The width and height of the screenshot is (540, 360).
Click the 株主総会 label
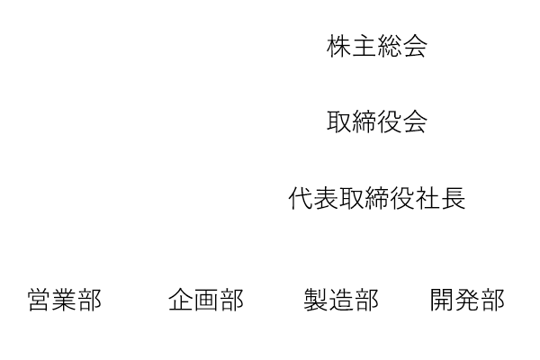[377, 46]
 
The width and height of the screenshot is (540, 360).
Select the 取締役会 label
[377, 121]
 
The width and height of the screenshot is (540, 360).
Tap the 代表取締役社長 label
[377, 198]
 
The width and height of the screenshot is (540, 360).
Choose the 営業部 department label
[65, 300]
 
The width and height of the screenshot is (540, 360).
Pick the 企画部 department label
[206, 300]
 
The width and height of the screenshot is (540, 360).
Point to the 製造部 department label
[341, 300]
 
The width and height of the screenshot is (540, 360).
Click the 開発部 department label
[467, 300]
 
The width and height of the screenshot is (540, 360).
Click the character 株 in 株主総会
[339, 46]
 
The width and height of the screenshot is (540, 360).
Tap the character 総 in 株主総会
[390, 46]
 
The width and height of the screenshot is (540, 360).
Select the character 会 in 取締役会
[415, 121]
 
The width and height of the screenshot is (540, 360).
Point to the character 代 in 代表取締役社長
[301, 198]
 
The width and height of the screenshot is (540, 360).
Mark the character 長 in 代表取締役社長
[454, 198]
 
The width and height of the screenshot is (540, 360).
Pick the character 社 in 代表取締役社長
[428, 198]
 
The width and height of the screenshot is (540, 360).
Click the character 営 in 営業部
[40, 300]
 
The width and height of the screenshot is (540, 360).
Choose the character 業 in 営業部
[65, 300]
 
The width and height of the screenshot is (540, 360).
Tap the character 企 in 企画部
[181, 300]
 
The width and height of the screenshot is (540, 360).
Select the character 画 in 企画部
[206, 300]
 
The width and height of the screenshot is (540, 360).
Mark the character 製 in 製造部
[316, 300]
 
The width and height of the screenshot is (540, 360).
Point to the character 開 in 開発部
[443, 300]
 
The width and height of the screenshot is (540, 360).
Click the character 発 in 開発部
[468, 300]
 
